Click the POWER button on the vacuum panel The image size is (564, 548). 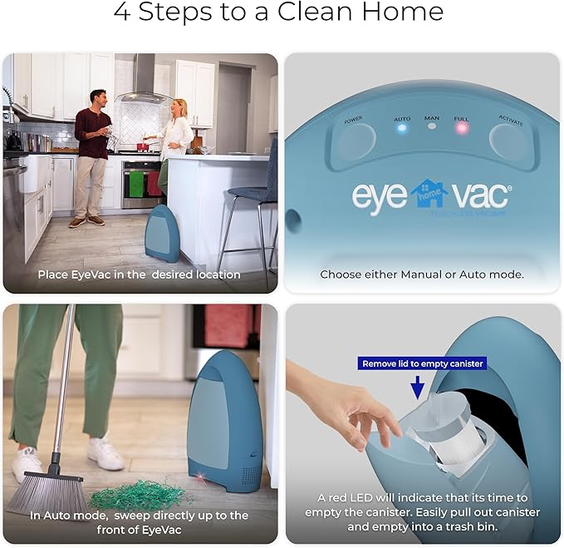(352, 141)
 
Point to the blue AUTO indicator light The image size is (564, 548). (402, 130)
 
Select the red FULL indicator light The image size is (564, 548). (461, 130)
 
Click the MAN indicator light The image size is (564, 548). (431, 127)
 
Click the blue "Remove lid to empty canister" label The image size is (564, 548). (422, 363)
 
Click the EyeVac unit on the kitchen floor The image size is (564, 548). (162, 233)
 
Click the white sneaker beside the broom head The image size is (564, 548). (105, 453)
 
